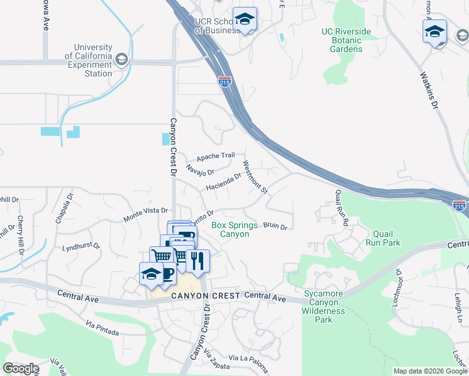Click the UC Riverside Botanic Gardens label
point(342,40)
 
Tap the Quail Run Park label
point(386,238)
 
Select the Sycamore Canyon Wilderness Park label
point(324,306)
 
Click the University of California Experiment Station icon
point(121,60)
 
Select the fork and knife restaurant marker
point(198,261)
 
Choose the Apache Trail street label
point(215,157)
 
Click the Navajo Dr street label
point(201,169)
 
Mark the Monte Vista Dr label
point(146,216)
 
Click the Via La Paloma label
point(248,358)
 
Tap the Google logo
point(21,368)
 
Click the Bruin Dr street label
point(275,226)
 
